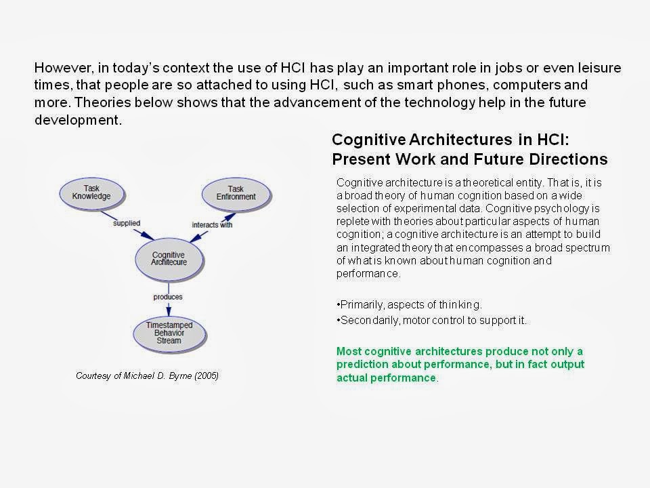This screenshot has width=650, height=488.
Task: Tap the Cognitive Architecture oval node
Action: pos(169,259)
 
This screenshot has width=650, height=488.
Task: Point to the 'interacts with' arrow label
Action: pos(213,224)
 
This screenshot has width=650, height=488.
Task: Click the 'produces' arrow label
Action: pos(168,296)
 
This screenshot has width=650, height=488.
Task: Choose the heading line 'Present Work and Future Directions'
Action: pos(469,160)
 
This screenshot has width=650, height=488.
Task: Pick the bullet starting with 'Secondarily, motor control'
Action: pos(431,321)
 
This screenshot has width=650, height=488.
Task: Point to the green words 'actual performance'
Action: pos(386,378)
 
